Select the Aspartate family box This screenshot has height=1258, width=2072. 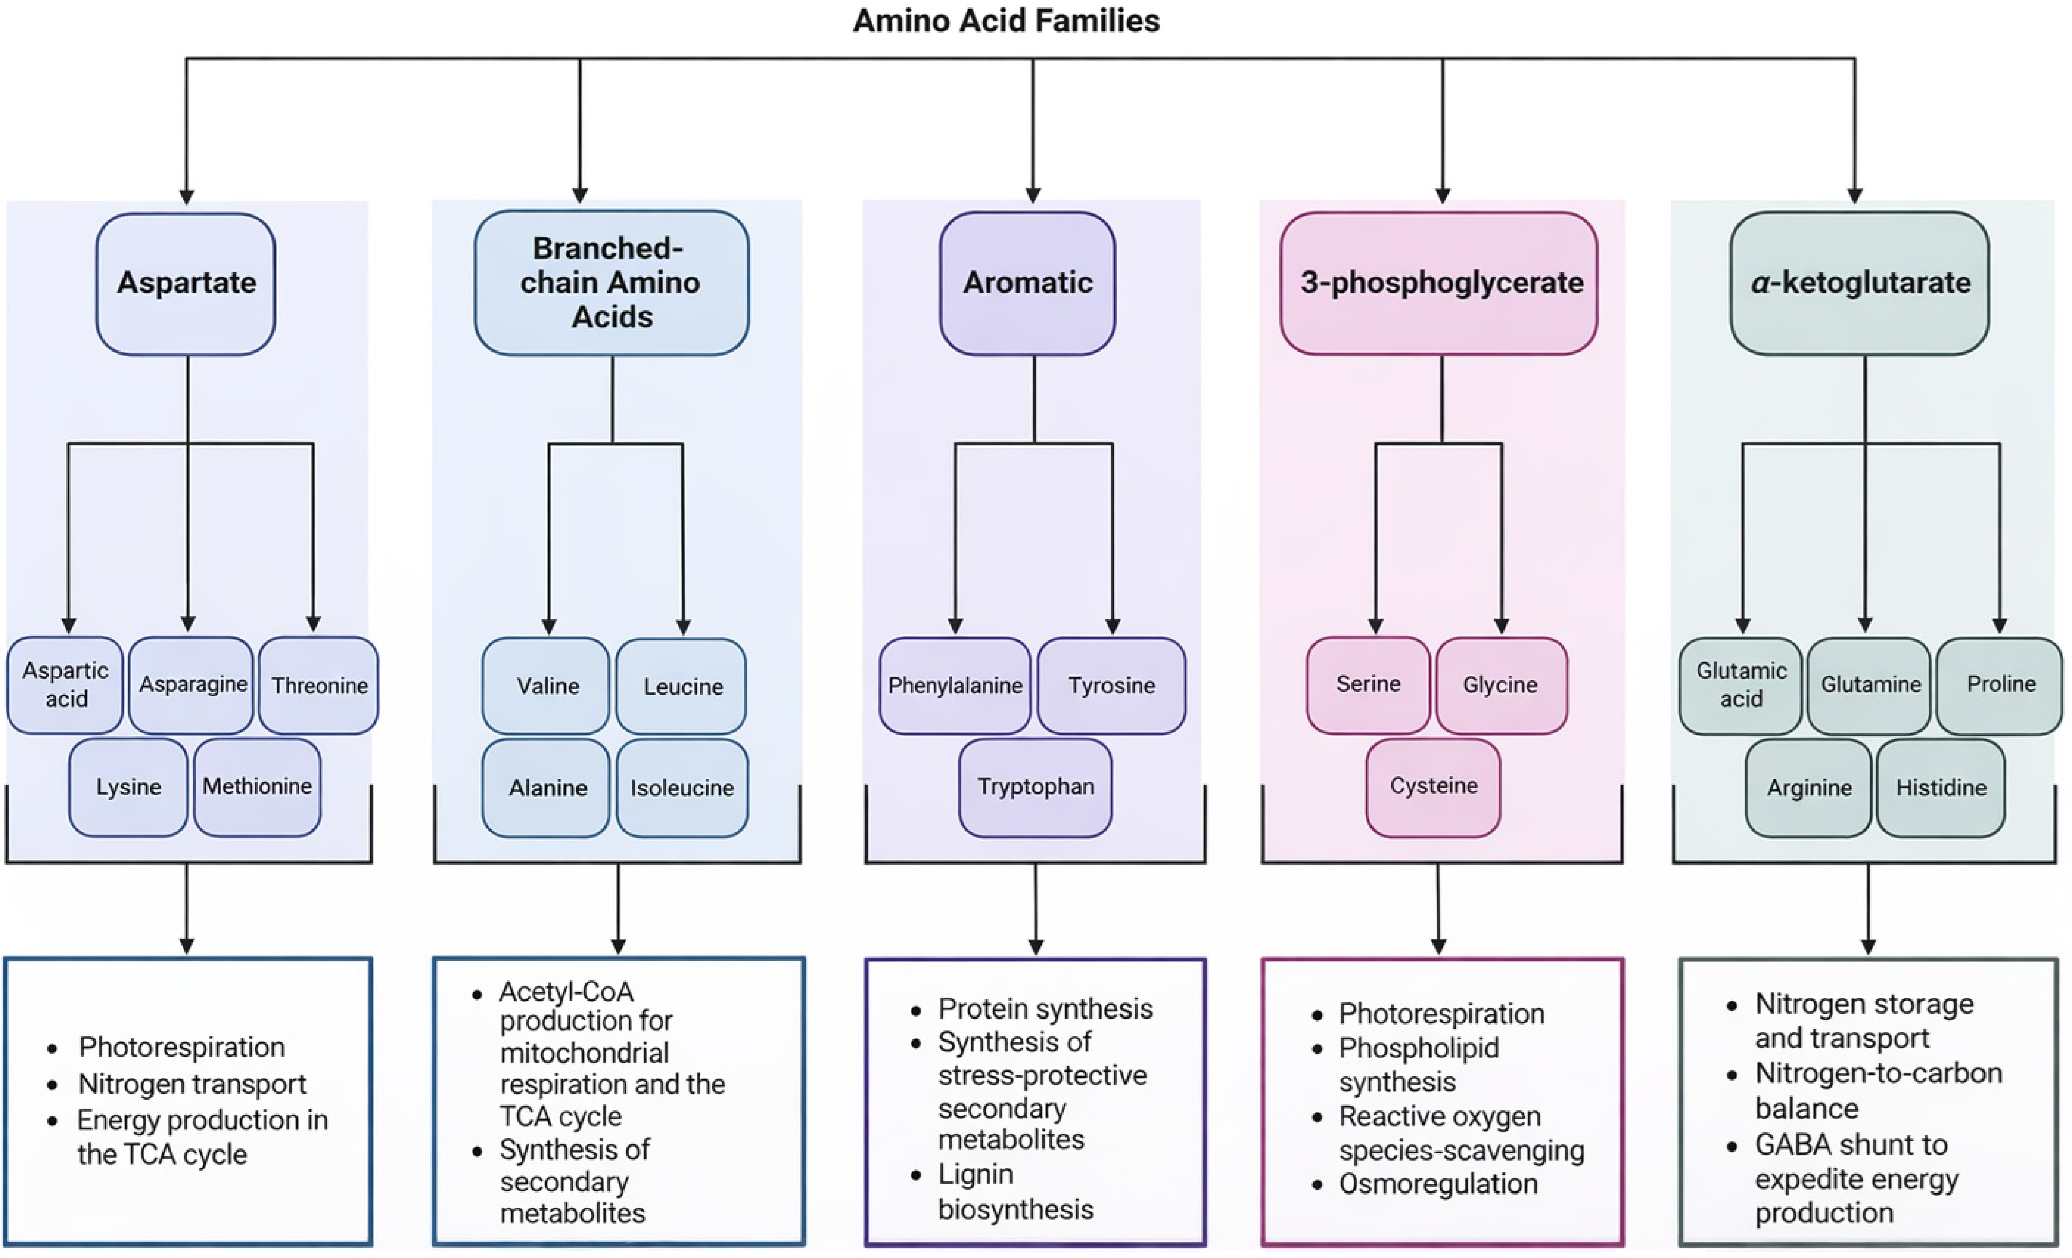(186, 284)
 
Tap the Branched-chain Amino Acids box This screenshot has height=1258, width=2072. (612, 284)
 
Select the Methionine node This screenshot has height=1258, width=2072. (257, 787)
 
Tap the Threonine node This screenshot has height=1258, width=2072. (319, 686)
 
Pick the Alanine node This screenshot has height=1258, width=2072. (547, 788)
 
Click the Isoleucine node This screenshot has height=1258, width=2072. (682, 788)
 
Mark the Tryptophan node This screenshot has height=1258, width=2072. (1035, 787)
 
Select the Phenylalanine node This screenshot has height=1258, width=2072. (955, 686)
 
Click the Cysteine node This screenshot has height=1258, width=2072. (1433, 786)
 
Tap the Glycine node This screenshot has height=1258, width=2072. (1500, 686)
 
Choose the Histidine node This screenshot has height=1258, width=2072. (1941, 788)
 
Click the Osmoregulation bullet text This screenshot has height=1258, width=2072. (1438, 1184)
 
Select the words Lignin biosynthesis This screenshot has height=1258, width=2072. (1015, 1192)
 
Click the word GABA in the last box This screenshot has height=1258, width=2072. (1790, 1144)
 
